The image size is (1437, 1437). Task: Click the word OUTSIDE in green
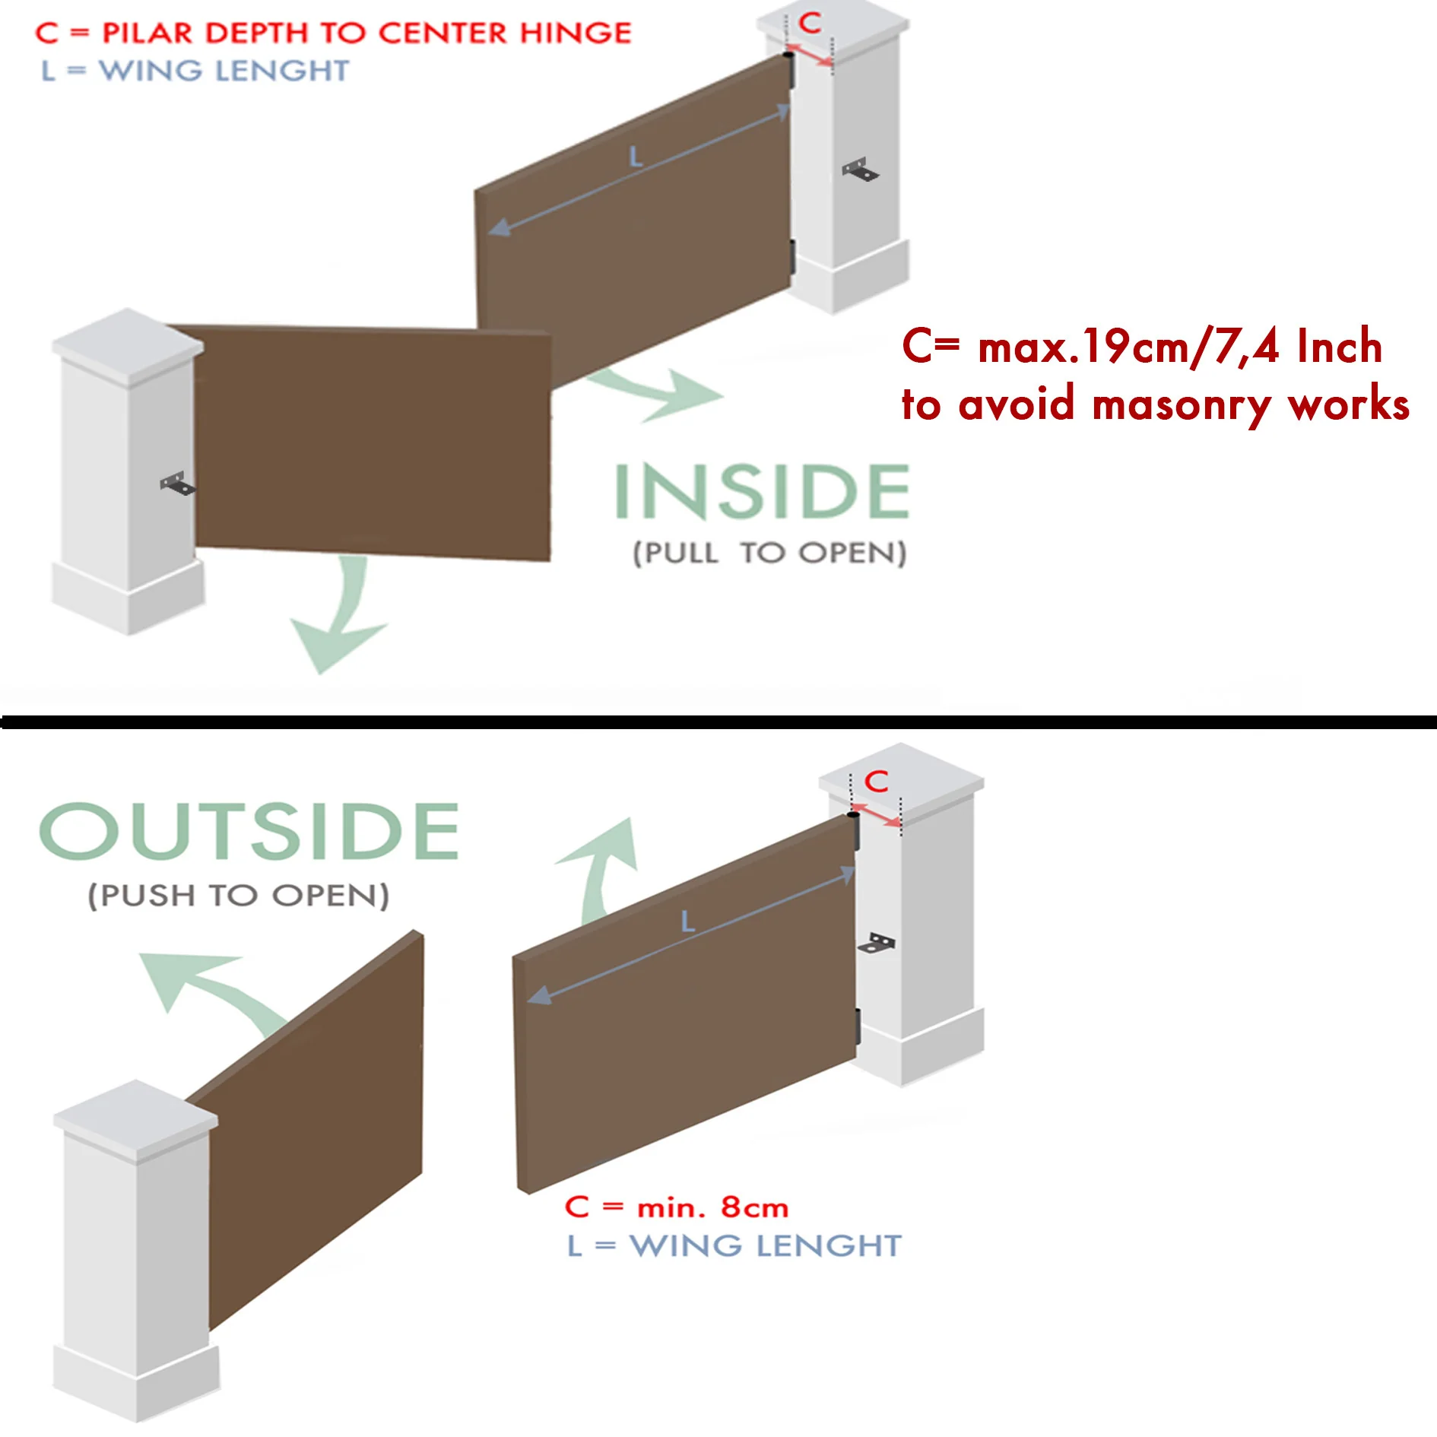point(249,831)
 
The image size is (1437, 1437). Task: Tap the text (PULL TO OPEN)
point(770,553)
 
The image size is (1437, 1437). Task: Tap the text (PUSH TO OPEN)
point(239,895)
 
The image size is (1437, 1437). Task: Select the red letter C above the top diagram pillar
point(810,23)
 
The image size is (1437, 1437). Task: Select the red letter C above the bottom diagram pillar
point(877,781)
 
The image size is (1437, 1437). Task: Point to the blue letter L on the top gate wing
point(636,157)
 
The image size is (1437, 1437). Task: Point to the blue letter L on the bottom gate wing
point(687,922)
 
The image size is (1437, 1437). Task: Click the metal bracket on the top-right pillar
point(860,170)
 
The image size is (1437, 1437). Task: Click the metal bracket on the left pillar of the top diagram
point(178,484)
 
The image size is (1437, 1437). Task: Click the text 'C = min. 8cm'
point(676,1207)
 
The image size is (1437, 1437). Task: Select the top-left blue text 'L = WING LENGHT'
point(195,71)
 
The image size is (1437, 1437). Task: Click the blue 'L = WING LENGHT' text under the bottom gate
point(734,1245)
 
